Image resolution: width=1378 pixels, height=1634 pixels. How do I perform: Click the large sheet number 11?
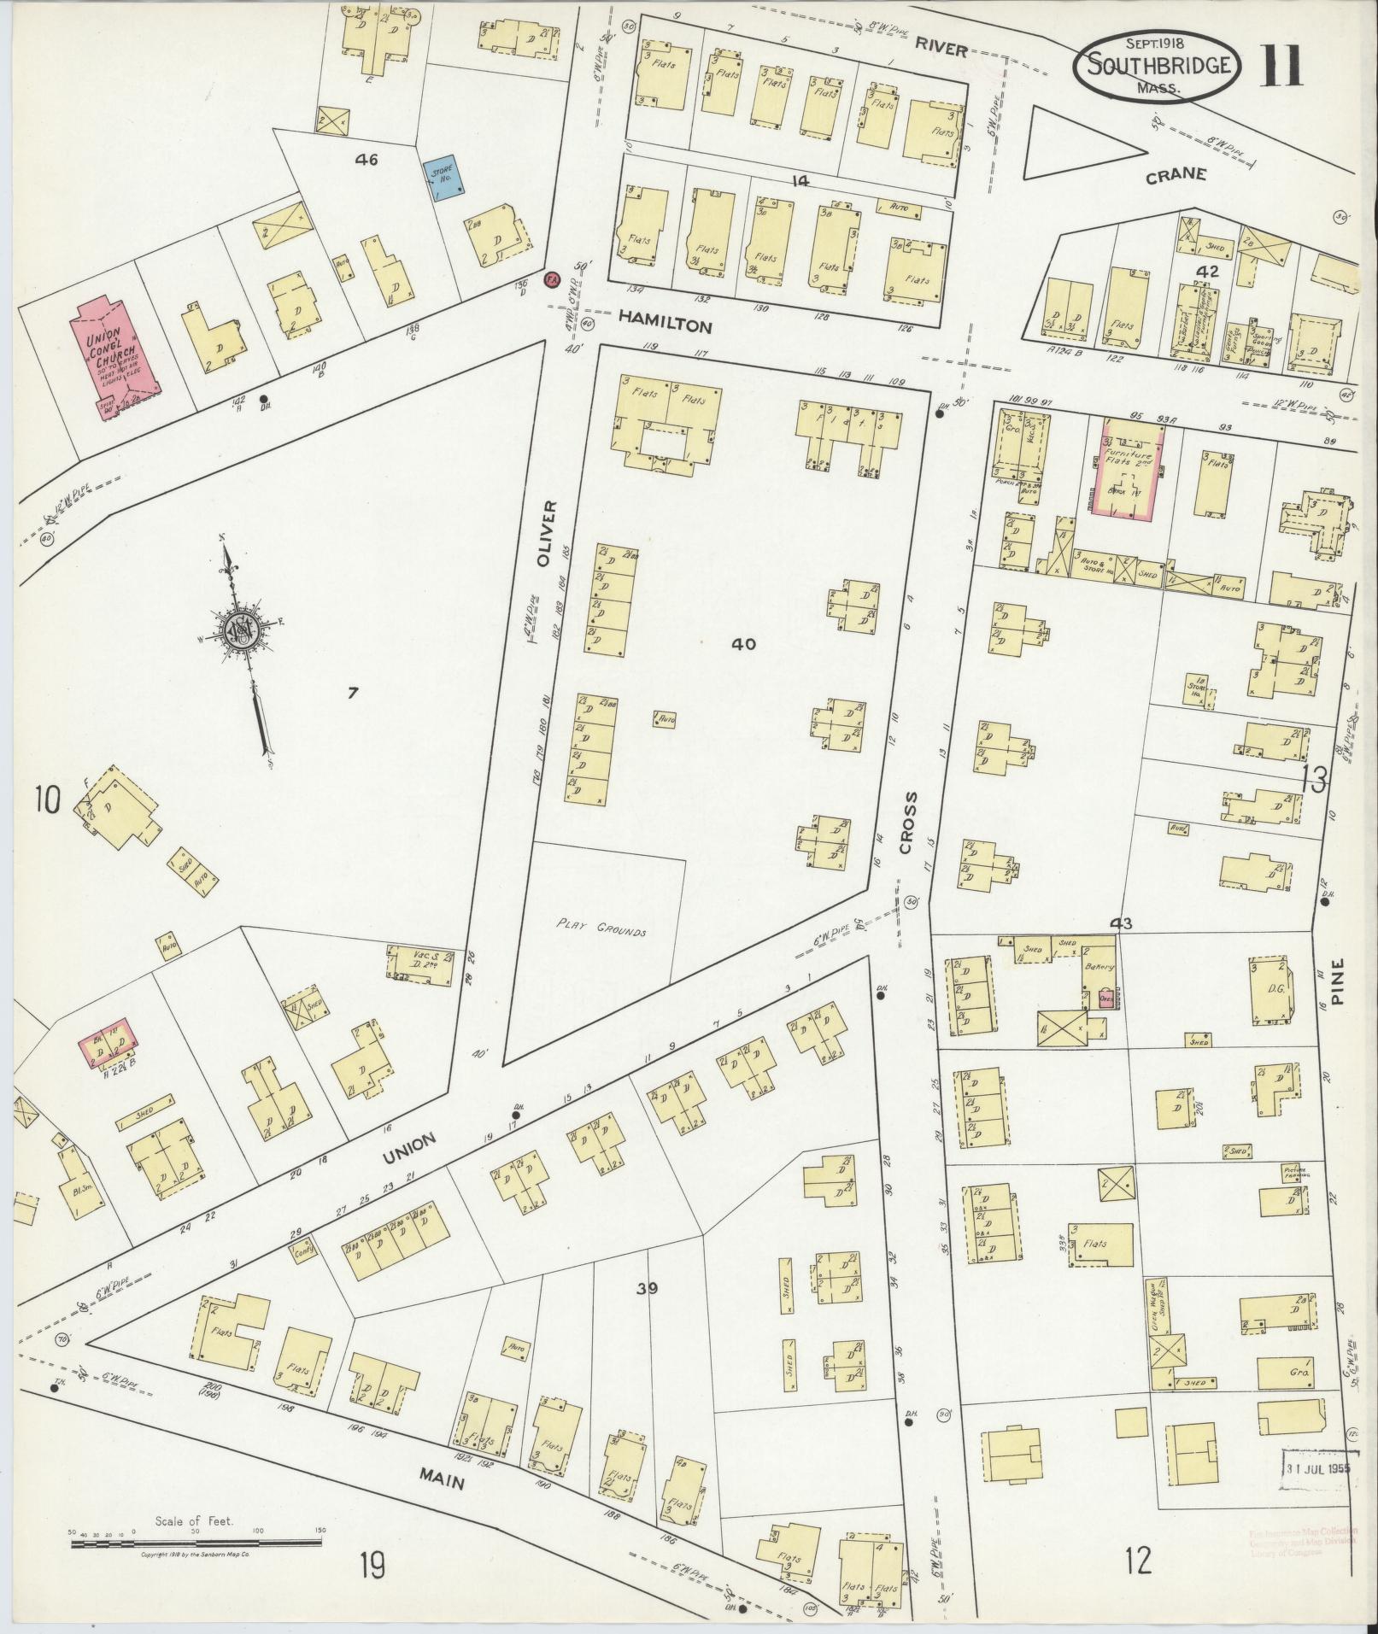tap(1281, 65)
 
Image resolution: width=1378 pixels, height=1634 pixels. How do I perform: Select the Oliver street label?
tap(548, 535)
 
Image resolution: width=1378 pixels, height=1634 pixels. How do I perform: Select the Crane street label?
tap(1176, 175)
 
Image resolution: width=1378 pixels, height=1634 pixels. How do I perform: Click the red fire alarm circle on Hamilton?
tap(551, 279)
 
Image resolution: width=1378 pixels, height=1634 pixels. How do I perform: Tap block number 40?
tap(743, 645)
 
